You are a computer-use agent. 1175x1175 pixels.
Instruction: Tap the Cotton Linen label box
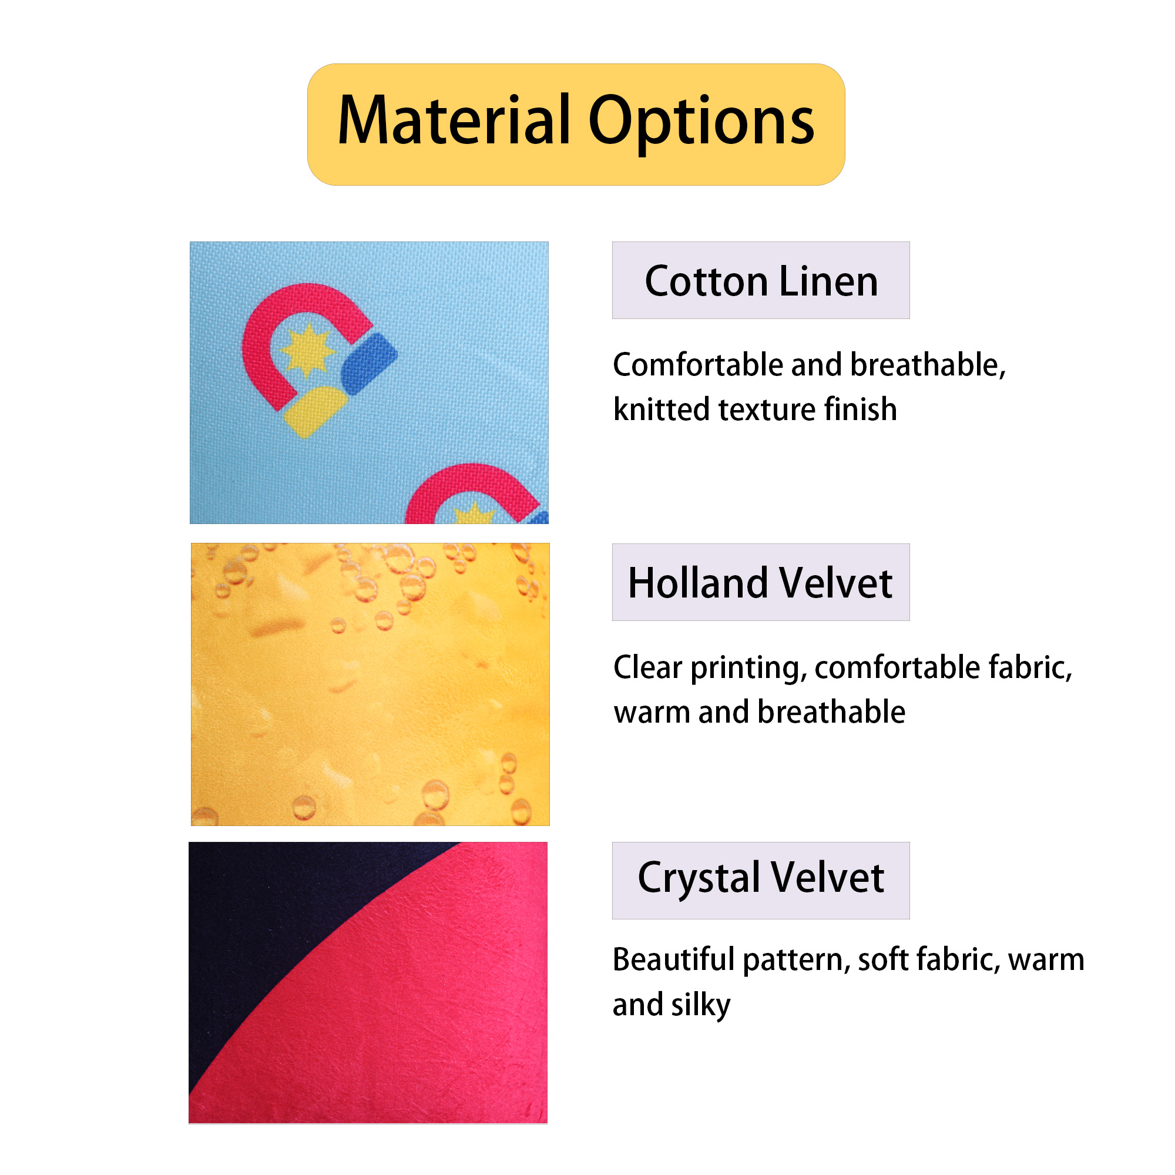[761, 280]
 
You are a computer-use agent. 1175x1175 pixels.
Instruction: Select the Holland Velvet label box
[761, 582]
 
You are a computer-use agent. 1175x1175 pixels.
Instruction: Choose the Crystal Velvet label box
[761, 880]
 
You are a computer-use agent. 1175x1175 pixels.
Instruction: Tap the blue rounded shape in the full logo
[369, 364]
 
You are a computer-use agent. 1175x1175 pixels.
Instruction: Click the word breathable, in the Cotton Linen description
[928, 365]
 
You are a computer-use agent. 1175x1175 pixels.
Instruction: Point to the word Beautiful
[674, 960]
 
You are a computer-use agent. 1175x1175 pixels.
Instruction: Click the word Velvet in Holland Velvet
[836, 583]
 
